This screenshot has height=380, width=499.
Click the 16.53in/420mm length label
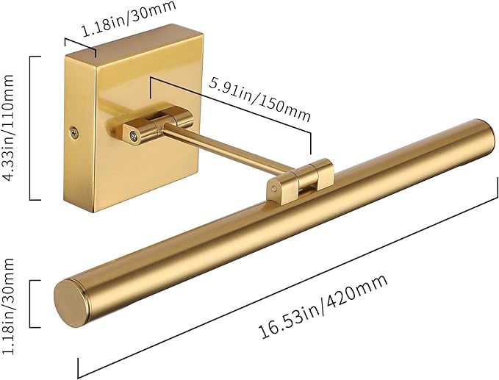pos(323,306)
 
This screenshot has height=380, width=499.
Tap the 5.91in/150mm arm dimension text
pos(259,100)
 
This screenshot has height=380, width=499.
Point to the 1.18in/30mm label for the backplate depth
pos(129,18)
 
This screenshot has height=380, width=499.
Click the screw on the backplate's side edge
pos(75,133)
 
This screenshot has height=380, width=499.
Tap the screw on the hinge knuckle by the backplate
pos(134,136)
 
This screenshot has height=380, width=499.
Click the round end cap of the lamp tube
pos(70,304)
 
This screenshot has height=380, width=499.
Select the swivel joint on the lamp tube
pos(300,181)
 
